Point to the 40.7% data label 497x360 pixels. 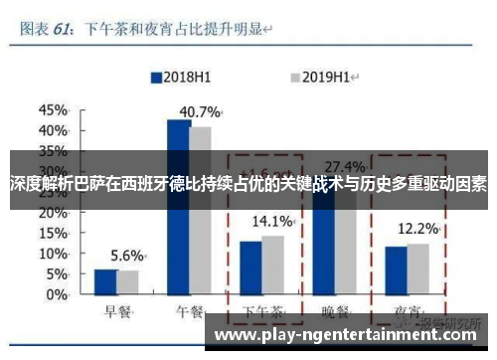(199, 110)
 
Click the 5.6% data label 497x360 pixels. (127, 227)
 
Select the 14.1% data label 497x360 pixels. (272, 221)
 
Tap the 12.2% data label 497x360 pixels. (417, 229)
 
